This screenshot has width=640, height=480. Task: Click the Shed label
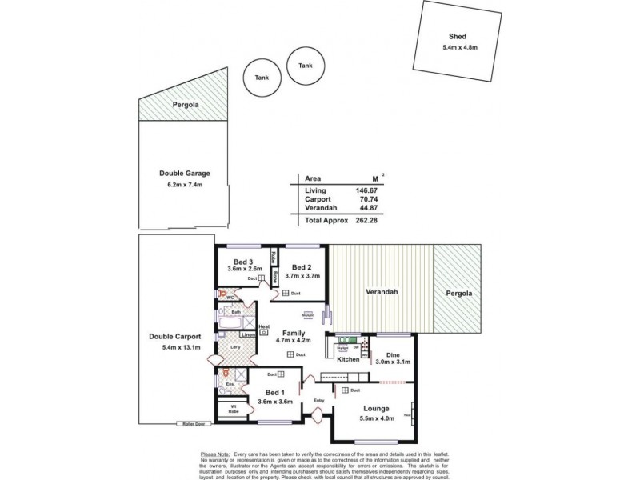[x=459, y=36]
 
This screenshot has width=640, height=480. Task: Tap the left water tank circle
[x=261, y=78]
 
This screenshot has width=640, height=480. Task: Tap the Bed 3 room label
[x=243, y=262]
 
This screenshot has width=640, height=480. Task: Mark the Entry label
[x=320, y=400]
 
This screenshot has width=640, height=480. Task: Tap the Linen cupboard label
[x=248, y=334]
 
